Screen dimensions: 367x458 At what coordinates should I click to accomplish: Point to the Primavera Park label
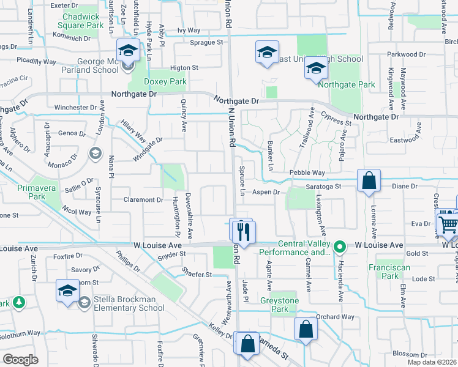point(23,193)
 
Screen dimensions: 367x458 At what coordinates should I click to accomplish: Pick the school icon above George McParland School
point(129,50)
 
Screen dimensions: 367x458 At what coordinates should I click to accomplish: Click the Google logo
point(20,360)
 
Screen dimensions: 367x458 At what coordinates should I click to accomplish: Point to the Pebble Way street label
point(307,174)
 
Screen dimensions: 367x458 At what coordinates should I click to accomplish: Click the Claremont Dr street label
point(143,199)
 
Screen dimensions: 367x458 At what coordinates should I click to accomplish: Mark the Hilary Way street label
point(133,130)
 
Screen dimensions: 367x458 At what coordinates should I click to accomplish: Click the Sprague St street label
point(206,42)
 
